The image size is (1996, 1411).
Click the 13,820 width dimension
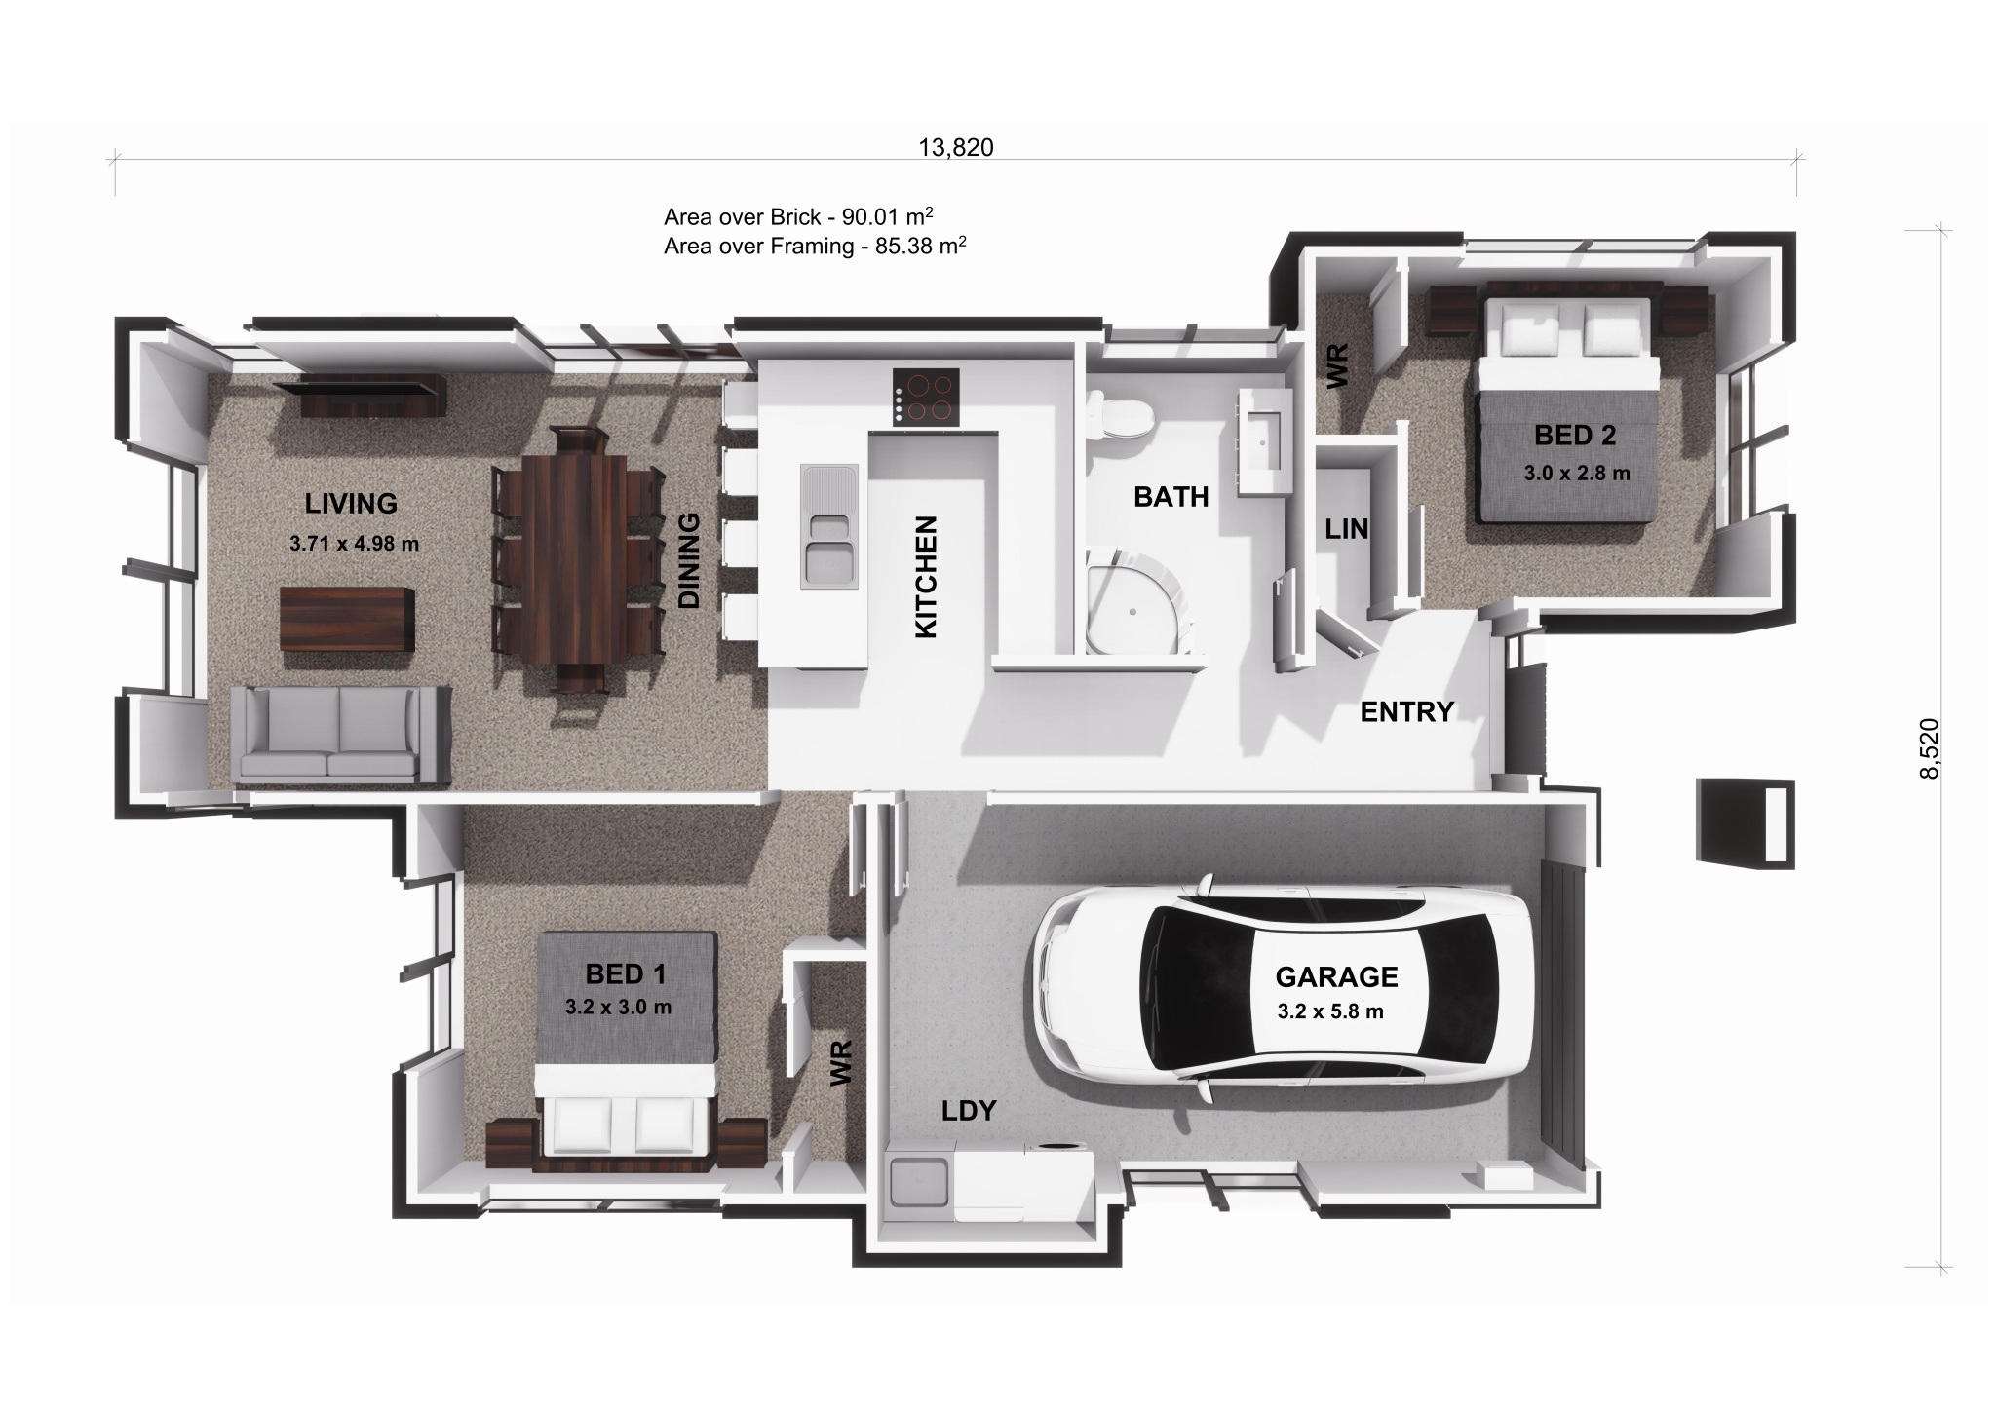click(x=955, y=147)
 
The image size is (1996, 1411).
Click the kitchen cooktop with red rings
click(x=926, y=398)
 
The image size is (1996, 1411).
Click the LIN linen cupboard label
click(x=1346, y=529)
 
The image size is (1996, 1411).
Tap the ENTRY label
click(x=1406, y=712)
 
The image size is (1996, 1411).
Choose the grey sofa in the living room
click(x=341, y=736)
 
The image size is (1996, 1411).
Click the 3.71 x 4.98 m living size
click(x=354, y=544)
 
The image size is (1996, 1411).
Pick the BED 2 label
click(x=1575, y=436)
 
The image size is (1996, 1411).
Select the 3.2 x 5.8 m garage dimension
click(x=1330, y=1011)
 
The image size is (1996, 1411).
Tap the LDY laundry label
click(x=968, y=1110)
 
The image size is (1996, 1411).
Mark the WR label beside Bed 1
click(x=842, y=1062)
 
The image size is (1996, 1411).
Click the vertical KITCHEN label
click(x=926, y=577)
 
